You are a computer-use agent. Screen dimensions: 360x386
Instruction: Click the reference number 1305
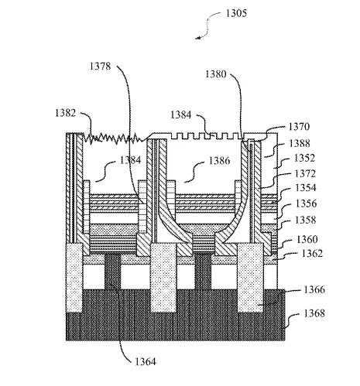(236, 13)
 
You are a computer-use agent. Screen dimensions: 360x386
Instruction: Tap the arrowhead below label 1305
(197, 38)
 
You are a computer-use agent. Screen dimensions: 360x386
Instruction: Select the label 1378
(100, 67)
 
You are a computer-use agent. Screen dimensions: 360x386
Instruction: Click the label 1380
(216, 74)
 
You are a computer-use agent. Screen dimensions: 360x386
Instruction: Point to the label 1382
(66, 113)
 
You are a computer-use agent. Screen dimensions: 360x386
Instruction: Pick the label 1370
(299, 127)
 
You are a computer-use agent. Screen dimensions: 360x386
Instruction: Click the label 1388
(300, 143)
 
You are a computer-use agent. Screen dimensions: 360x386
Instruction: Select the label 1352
(304, 158)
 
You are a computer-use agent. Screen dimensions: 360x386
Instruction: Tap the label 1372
(305, 174)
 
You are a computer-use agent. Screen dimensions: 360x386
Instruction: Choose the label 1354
(306, 188)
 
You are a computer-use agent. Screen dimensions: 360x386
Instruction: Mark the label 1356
(306, 203)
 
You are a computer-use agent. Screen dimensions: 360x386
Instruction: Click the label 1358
(305, 220)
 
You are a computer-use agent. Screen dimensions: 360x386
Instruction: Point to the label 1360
(307, 240)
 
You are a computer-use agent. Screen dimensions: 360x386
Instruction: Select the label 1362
(312, 254)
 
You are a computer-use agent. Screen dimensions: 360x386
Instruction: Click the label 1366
(314, 290)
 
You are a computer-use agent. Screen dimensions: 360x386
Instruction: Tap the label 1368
(314, 313)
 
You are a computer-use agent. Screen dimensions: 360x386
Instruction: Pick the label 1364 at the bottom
(146, 362)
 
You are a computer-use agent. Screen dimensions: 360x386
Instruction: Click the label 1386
(219, 161)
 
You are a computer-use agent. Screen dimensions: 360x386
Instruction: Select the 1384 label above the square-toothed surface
(181, 114)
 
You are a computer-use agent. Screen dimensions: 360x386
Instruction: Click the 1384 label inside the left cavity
(131, 160)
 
